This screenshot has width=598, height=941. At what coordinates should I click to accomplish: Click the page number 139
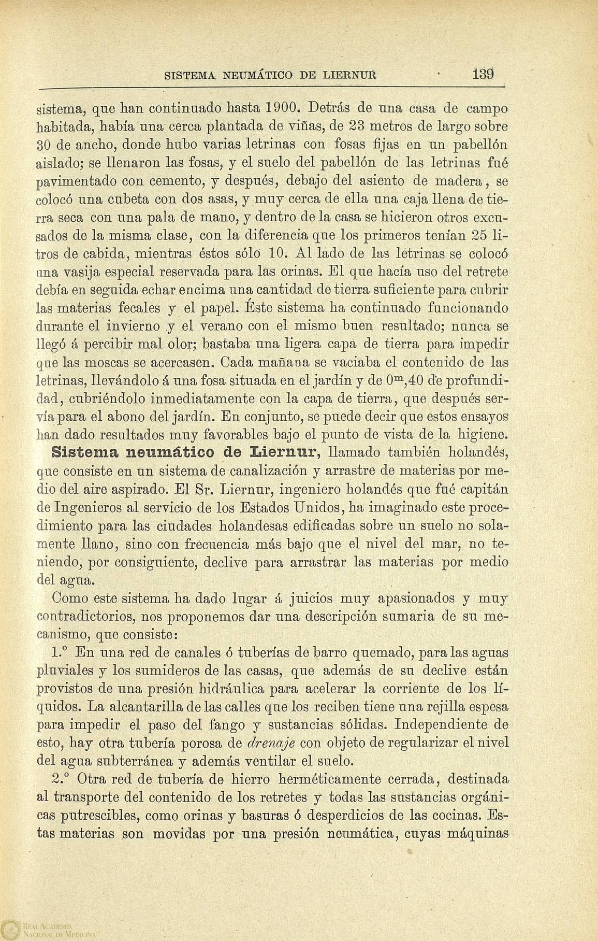tap(484, 74)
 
